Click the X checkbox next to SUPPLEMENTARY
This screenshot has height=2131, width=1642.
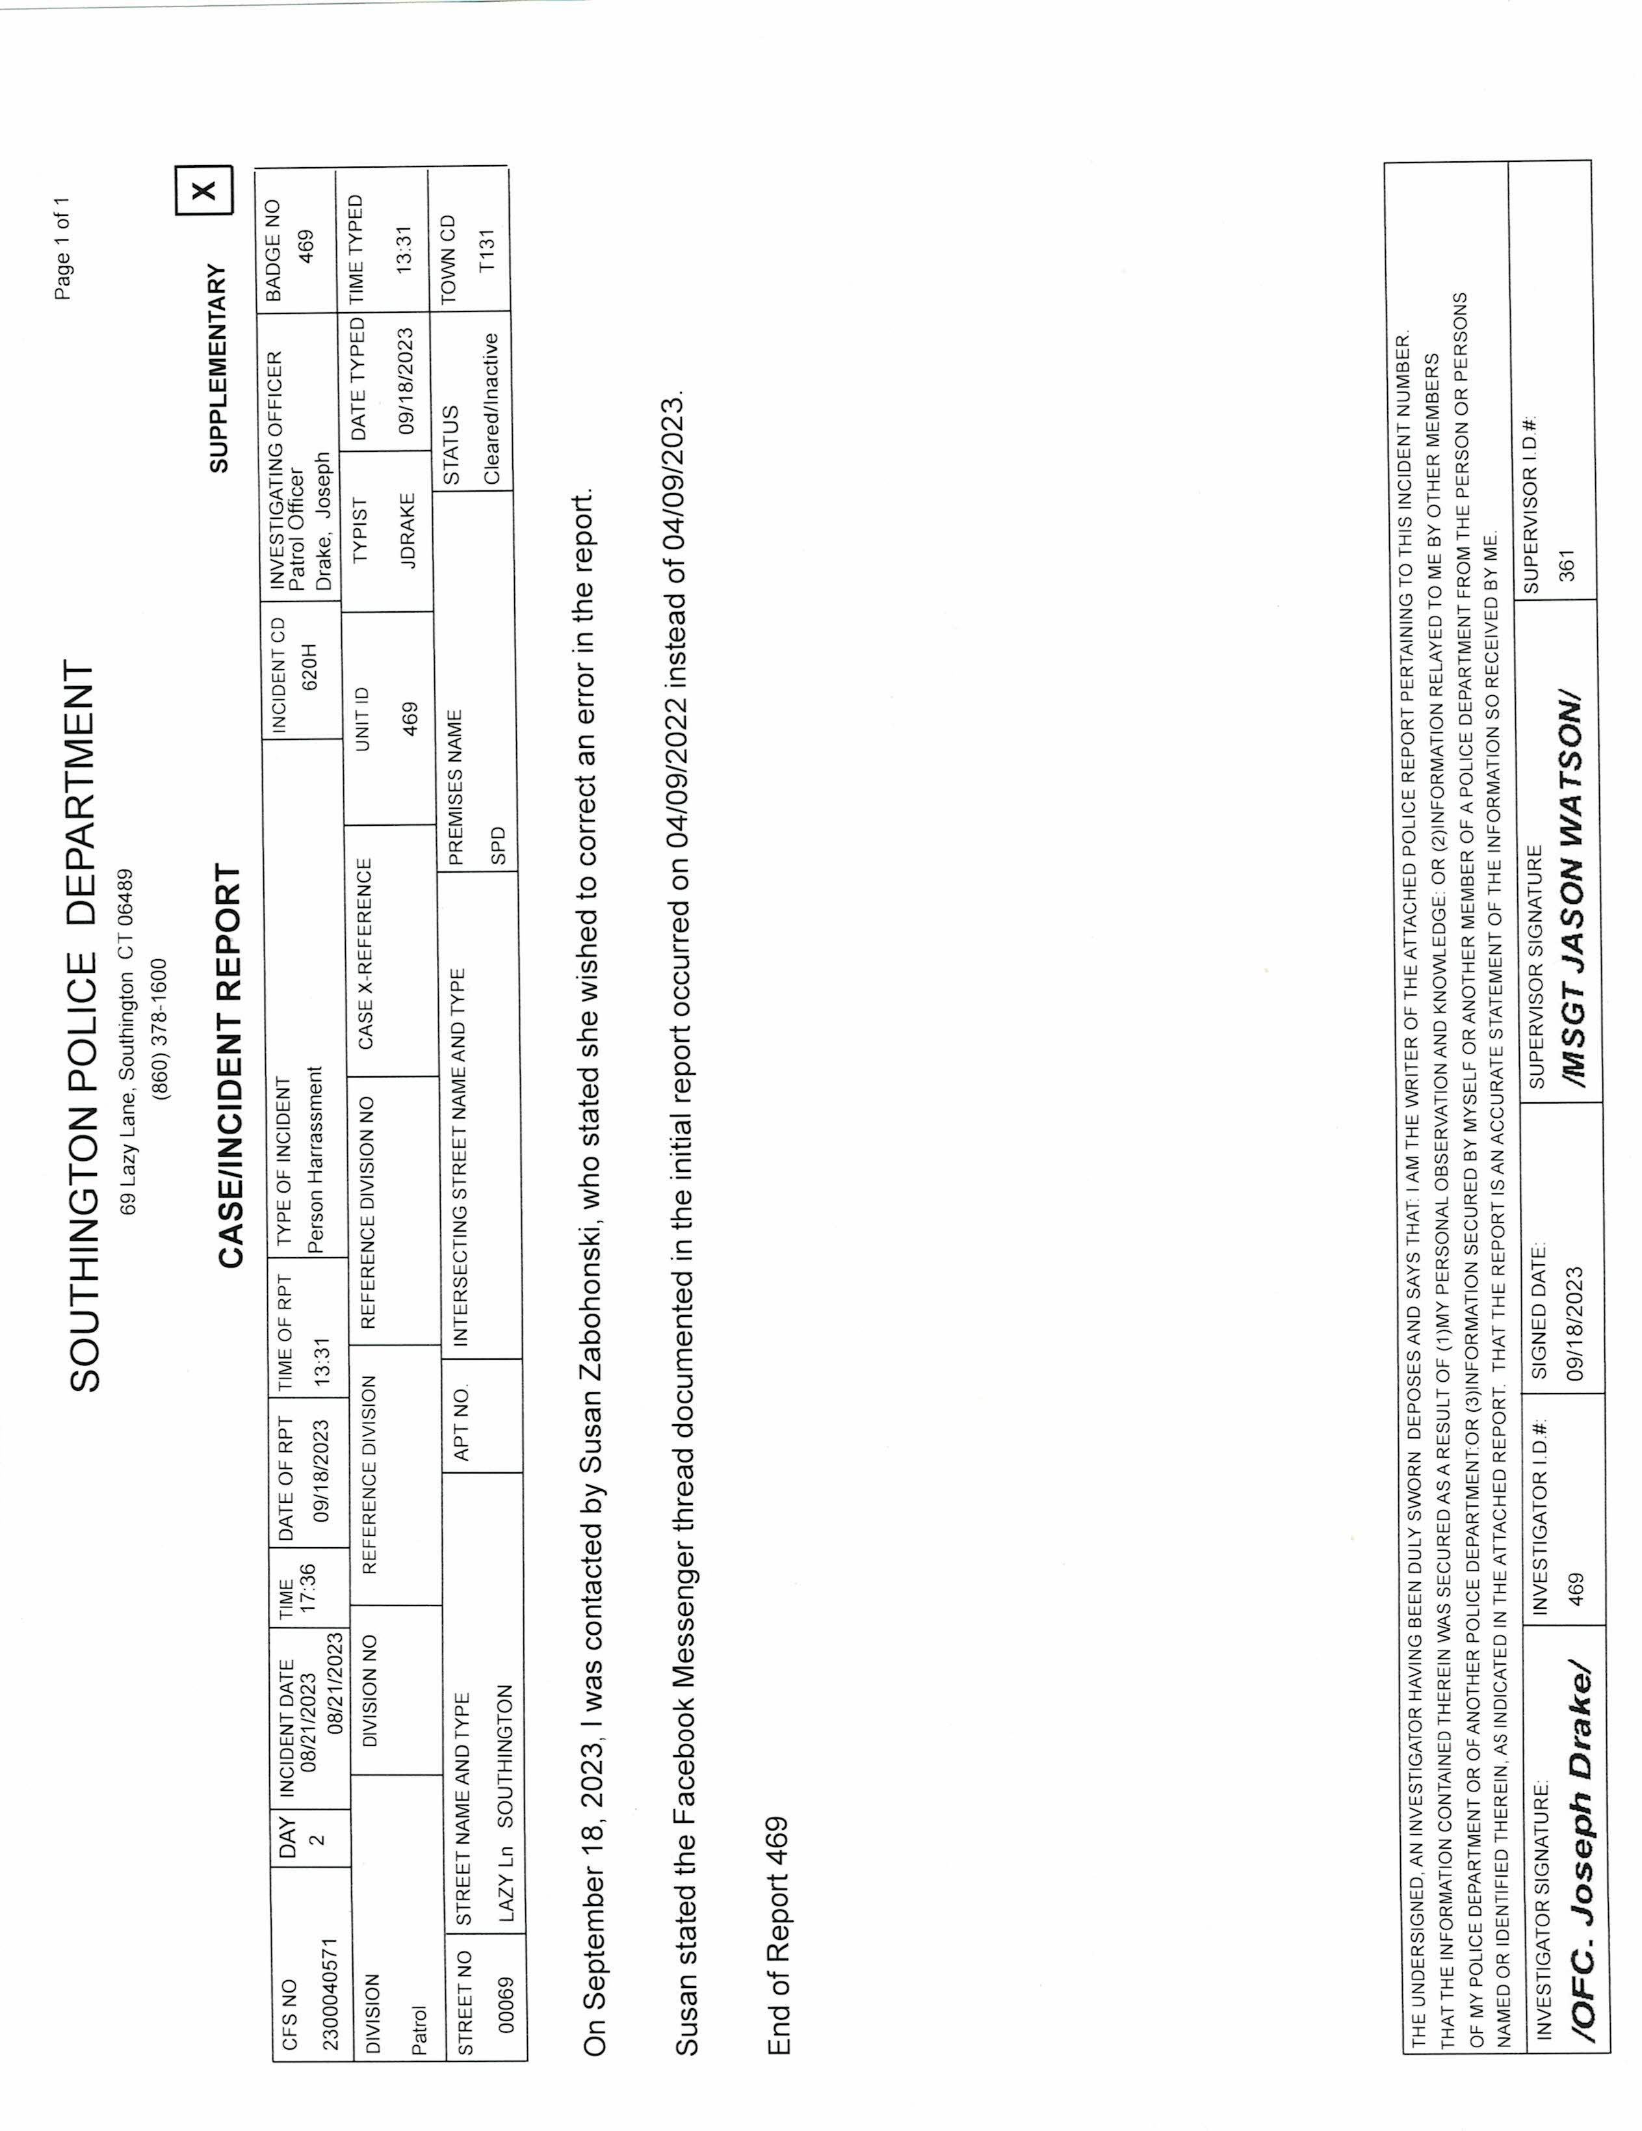pyautogui.click(x=204, y=191)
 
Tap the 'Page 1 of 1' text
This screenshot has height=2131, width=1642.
pyautogui.click(x=62, y=249)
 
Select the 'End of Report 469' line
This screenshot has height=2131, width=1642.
pyautogui.click(x=777, y=1937)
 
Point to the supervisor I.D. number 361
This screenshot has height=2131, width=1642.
pyautogui.click(x=1567, y=565)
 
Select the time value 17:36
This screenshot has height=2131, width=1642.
pyautogui.click(x=306, y=1587)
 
